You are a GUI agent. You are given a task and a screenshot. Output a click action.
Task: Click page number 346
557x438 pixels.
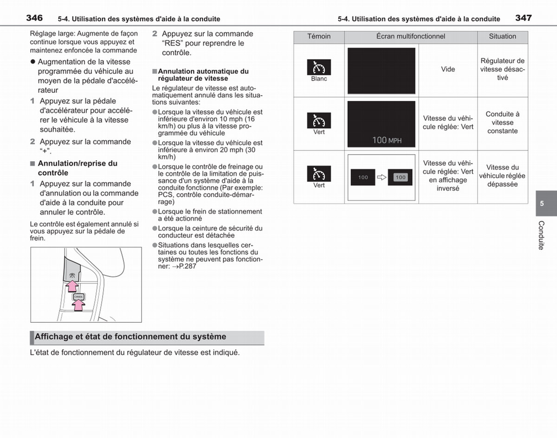pos(34,18)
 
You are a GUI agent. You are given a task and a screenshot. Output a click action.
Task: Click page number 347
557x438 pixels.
pos(524,18)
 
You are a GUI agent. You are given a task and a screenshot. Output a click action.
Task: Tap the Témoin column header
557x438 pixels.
pos(319,36)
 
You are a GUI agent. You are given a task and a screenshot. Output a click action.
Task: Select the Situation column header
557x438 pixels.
pos(502,36)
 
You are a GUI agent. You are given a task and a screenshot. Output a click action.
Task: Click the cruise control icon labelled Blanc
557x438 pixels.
pos(319,67)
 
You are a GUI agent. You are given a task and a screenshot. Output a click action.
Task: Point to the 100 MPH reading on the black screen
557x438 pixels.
pos(387,140)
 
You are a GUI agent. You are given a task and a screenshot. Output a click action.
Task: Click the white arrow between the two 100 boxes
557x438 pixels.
pos(382,177)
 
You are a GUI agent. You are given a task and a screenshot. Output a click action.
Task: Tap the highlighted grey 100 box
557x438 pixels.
pos(401,177)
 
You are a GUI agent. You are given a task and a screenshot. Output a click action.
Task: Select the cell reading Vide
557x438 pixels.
pos(448,69)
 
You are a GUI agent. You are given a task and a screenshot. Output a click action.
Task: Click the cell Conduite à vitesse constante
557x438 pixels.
pos(502,123)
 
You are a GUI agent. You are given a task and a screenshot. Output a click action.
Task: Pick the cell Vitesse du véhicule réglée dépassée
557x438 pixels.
pos(502,176)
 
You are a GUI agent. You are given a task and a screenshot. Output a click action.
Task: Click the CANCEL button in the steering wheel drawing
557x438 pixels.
pos(79,297)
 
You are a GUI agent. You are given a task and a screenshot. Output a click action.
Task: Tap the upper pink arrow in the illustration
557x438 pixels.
pos(72,286)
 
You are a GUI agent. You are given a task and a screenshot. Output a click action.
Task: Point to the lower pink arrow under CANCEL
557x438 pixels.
pos(78,306)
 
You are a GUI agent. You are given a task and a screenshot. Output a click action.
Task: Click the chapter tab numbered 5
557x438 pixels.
pos(542,203)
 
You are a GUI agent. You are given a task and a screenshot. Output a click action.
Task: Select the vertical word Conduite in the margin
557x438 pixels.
pos(541,235)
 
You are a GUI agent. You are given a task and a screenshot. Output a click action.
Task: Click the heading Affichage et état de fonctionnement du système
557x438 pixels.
pos(130,337)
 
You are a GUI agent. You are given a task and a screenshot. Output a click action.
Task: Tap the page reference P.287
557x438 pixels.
pos(184,266)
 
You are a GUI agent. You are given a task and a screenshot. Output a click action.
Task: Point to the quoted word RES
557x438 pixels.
pos(173,43)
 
